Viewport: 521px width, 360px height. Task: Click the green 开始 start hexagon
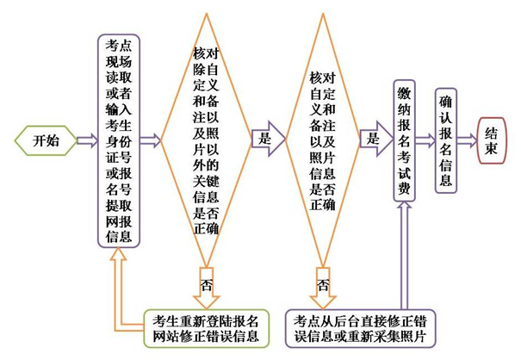tap(46, 140)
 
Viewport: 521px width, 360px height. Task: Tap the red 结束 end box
tap(491, 140)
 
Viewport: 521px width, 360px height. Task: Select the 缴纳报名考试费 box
tap(404, 140)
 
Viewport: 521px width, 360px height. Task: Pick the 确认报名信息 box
tap(446, 140)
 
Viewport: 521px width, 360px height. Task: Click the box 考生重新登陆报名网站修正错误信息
tap(206, 328)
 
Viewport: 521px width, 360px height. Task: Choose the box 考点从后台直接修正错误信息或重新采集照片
tap(360, 328)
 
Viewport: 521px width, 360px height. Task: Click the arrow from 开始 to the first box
tap(87, 140)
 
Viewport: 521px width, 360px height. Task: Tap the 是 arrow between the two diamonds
tap(268, 139)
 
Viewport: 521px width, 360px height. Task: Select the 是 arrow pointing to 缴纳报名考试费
tap(376, 139)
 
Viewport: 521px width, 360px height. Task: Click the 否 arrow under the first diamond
tap(206, 288)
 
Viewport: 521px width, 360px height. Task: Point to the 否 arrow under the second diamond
tap(323, 288)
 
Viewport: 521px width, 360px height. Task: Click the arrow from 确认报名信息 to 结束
tap(467, 140)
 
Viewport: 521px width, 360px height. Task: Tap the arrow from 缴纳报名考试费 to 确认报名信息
tap(425, 140)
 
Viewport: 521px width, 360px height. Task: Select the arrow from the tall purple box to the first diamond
tap(150, 140)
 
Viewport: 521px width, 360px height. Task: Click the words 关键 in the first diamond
tap(206, 182)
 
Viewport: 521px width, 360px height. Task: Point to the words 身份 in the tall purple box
tap(119, 141)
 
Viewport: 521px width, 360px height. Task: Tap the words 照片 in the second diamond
tap(322, 158)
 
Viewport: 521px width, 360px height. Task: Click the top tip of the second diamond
tap(323, 14)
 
